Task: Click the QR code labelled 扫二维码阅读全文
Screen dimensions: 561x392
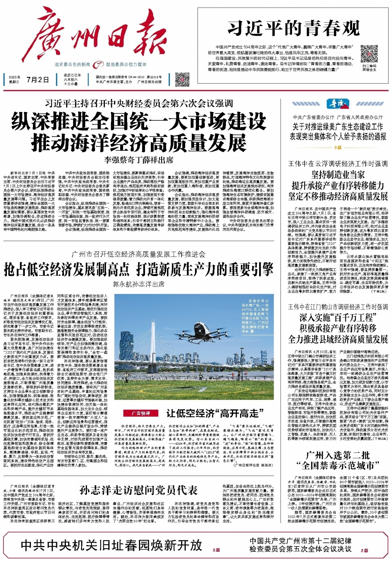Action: (369, 54)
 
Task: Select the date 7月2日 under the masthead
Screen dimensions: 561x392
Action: (38, 80)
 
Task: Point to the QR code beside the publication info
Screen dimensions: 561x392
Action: (182, 79)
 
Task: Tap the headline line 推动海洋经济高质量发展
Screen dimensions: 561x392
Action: (139, 143)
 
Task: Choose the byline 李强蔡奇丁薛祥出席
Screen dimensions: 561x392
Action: (139, 160)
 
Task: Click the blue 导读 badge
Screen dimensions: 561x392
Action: (338, 104)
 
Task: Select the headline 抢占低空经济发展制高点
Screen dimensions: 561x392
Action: (67, 270)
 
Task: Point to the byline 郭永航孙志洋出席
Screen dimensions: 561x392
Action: (139, 284)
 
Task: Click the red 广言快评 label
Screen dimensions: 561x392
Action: (141, 413)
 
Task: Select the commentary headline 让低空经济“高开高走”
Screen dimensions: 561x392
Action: (215, 413)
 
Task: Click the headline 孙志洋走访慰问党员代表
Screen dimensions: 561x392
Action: (139, 490)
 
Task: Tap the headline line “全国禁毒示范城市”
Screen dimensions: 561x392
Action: (338, 466)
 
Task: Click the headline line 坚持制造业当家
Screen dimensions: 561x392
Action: (338, 175)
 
